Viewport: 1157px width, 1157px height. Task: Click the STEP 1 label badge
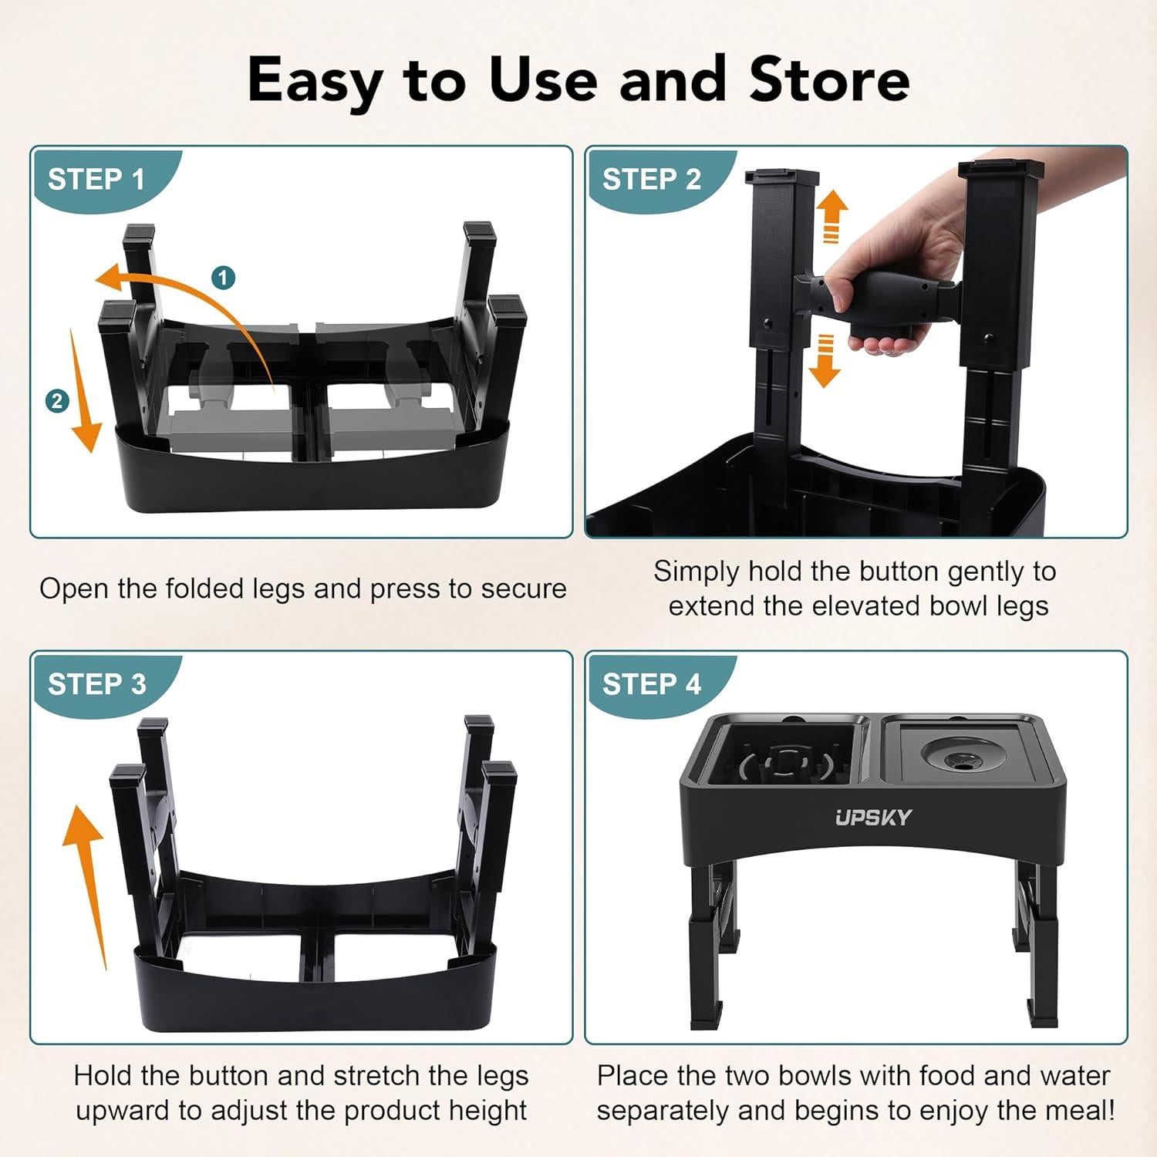click(x=96, y=180)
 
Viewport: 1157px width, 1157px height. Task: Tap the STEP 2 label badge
click(x=652, y=180)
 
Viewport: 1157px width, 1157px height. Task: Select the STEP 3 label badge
click(x=96, y=684)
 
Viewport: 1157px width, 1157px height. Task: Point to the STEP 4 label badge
click(x=652, y=684)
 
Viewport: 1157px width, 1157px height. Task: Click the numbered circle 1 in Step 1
click(x=224, y=278)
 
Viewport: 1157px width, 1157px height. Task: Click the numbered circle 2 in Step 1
click(x=57, y=401)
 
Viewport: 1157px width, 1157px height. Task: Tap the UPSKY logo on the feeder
click(x=873, y=818)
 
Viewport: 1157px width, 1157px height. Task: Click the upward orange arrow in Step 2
click(x=831, y=216)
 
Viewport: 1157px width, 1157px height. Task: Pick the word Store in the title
click(x=829, y=80)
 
